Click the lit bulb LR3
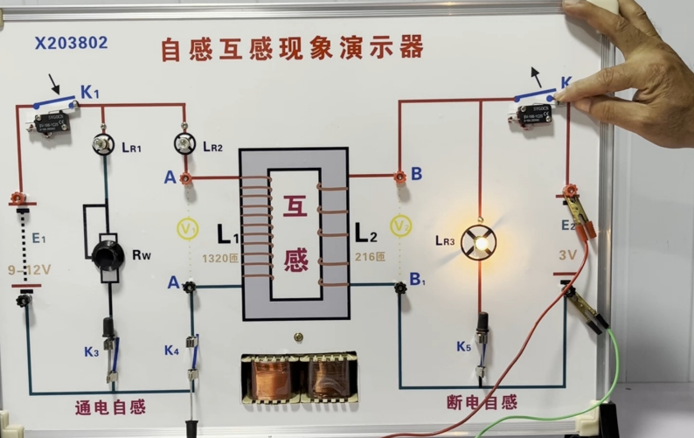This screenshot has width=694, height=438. click(478, 242)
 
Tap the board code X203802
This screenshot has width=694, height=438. click(71, 42)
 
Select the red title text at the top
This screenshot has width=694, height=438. click(291, 47)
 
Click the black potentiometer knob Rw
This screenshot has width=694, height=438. click(108, 254)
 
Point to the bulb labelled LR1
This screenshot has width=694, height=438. click(104, 144)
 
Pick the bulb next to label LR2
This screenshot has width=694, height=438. click(184, 143)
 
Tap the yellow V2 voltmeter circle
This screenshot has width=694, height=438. click(400, 226)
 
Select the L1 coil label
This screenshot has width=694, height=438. click(230, 234)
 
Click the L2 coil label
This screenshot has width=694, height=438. click(366, 233)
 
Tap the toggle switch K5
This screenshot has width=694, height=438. click(481, 337)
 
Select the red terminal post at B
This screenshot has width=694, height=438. click(399, 176)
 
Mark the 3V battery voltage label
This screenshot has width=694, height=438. click(568, 256)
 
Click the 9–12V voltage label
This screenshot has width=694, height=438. click(30, 269)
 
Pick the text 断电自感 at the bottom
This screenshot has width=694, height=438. click(481, 402)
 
